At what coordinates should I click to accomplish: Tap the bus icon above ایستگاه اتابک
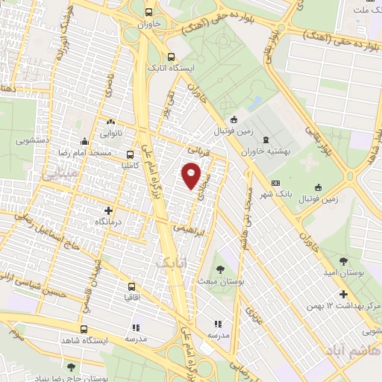(x=172, y=56)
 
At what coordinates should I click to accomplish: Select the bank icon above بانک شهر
(x=276, y=184)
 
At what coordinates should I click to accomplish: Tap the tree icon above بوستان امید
(x=342, y=261)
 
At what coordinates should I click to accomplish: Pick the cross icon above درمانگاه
(x=109, y=210)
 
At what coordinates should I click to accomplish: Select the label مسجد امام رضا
(x=81, y=152)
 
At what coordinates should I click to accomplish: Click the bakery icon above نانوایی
(x=111, y=122)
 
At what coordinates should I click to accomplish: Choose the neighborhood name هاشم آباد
(x=348, y=350)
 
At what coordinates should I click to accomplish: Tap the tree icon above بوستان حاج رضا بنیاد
(x=71, y=367)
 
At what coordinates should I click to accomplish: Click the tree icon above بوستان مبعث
(x=220, y=269)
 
